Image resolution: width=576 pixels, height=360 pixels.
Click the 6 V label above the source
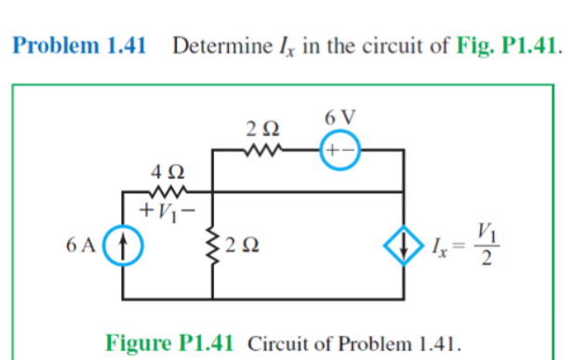click(x=340, y=119)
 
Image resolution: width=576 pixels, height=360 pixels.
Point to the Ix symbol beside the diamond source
click(x=440, y=248)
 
